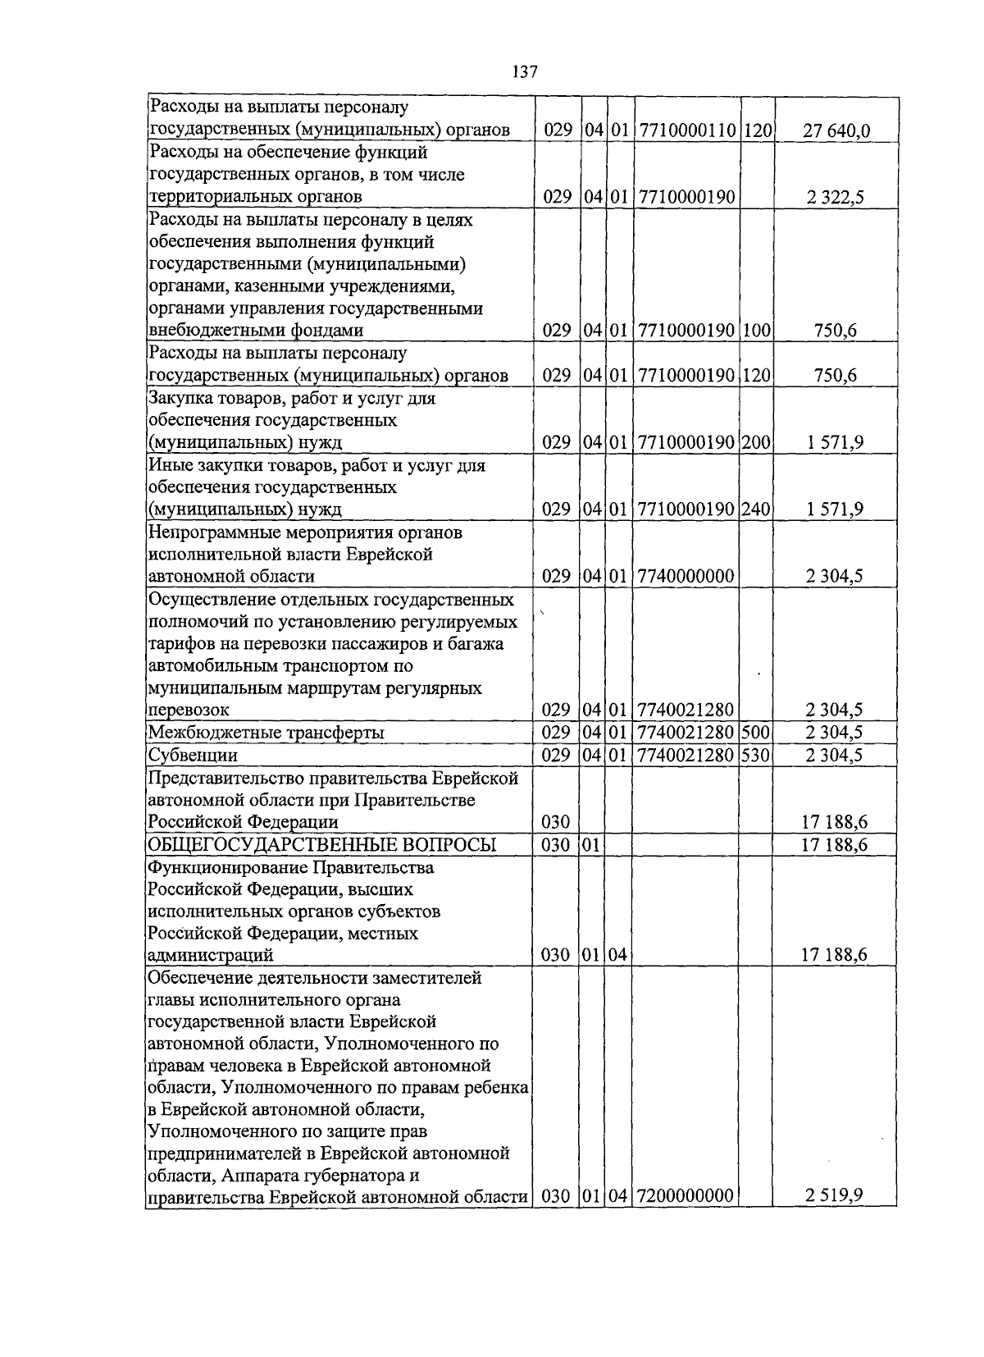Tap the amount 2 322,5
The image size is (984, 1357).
click(835, 197)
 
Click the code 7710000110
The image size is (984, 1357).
click(687, 130)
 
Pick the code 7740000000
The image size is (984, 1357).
click(685, 576)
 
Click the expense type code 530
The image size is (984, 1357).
click(756, 755)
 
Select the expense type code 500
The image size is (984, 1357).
click(756, 733)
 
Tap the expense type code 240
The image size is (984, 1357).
click(756, 509)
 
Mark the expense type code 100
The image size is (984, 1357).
click(756, 331)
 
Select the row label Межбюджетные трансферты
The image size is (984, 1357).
click(266, 733)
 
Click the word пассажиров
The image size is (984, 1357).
click(371, 644)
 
